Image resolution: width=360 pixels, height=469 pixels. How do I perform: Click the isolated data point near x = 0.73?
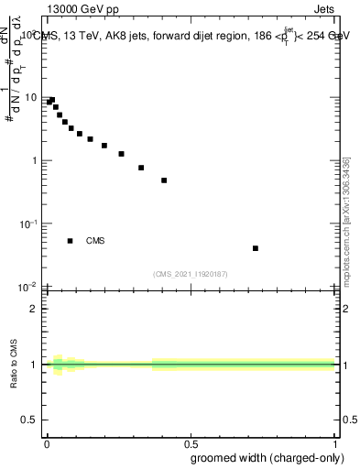[x=256, y=248]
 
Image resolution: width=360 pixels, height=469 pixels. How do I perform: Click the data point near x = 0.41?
[x=164, y=180]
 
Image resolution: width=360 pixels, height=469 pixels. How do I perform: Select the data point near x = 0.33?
[x=141, y=168]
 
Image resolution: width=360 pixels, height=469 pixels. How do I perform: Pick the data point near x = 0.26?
[x=121, y=154]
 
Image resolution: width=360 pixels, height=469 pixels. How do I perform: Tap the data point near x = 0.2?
[x=104, y=146]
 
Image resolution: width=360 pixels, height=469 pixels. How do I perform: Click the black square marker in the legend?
[x=71, y=241]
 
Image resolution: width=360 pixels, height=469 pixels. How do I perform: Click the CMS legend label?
[x=95, y=241]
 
